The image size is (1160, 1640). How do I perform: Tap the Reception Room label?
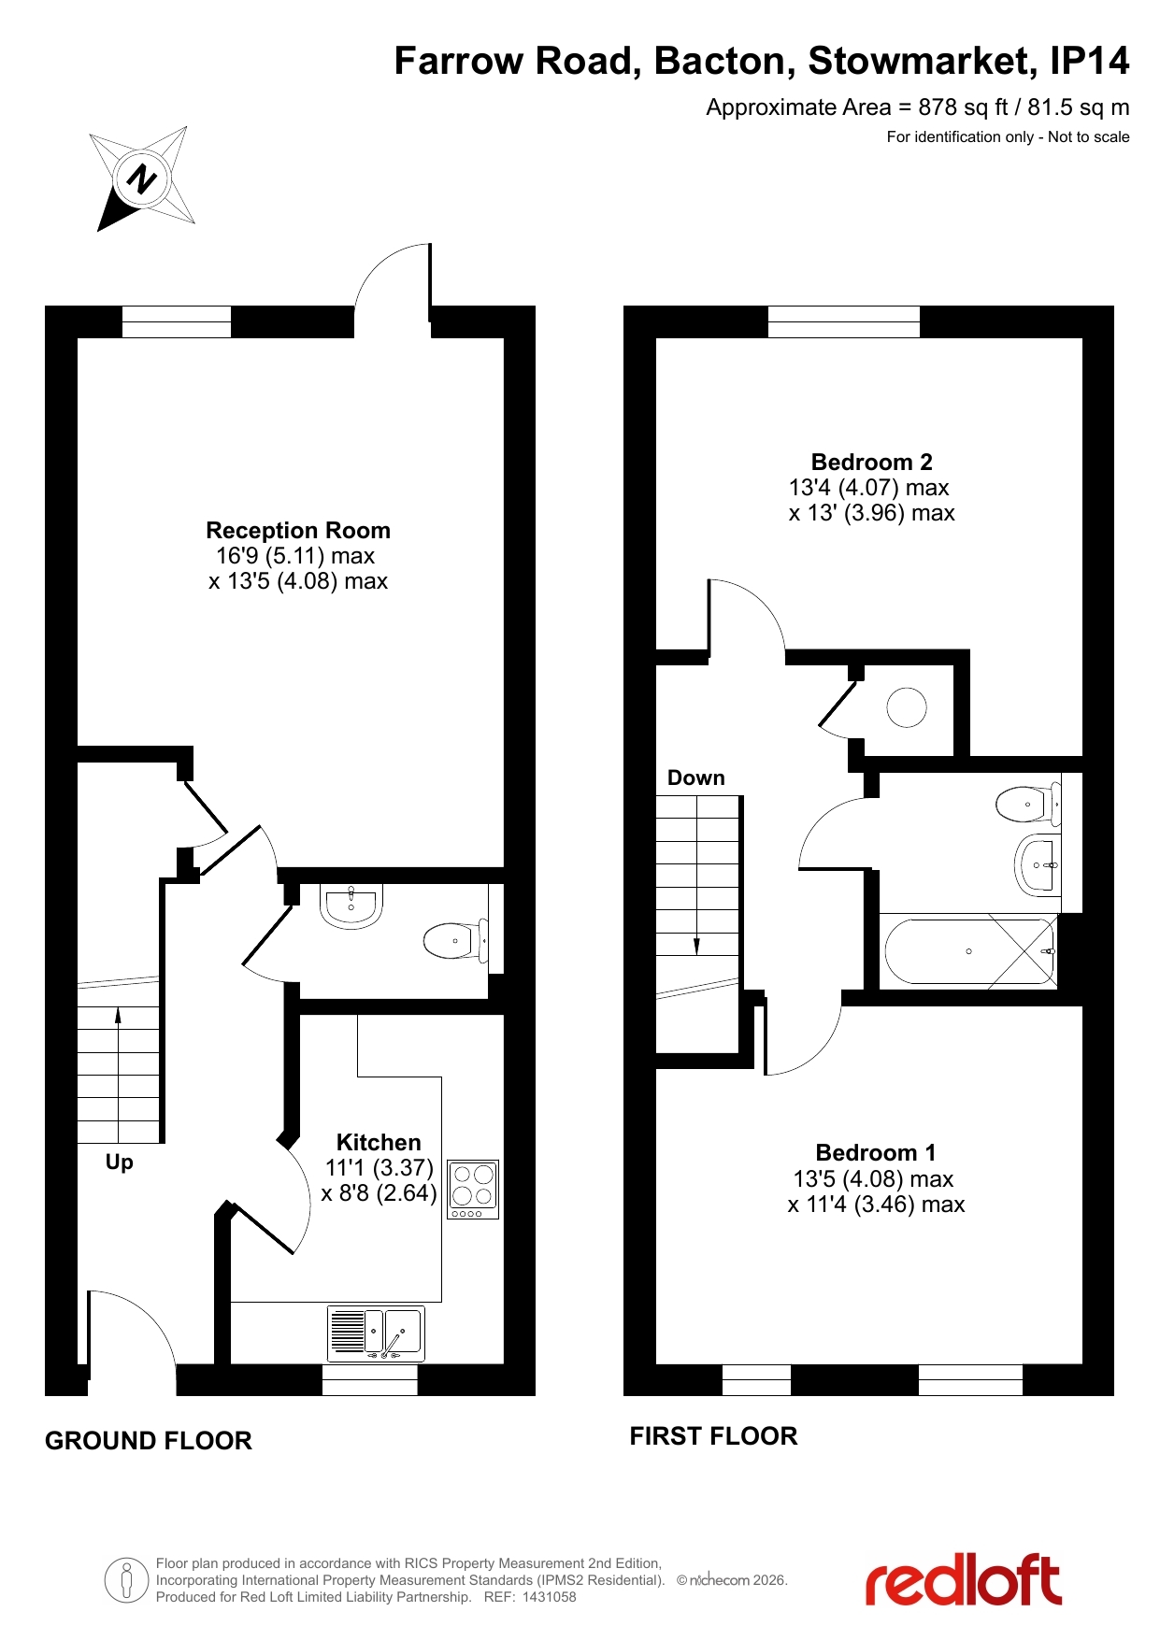tap(298, 531)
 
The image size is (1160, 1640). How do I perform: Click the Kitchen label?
tap(379, 1143)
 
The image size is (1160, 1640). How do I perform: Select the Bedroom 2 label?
tap(872, 463)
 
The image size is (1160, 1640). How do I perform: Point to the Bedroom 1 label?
tap(876, 1153)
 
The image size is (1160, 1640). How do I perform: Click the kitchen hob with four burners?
tap(473, 1190)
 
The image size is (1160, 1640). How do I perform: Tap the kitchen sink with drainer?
tap(376, 1333)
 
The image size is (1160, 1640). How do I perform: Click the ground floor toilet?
tap(456, 941)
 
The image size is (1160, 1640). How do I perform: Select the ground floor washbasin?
tap(351, 906)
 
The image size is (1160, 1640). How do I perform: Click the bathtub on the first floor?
tap(969, 951)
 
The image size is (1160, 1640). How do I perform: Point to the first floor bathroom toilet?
tap(1029, 804)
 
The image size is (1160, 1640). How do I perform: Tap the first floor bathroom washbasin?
tap(1038, 865)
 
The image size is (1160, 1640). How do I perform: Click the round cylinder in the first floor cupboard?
tap(907, 707)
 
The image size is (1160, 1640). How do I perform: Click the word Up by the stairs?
tap(120, 1162)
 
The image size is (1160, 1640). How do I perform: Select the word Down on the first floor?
tap(696, 778)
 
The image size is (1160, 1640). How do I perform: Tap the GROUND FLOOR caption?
tap(149, 1441)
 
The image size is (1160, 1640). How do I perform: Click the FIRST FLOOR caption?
tap(713, 1436)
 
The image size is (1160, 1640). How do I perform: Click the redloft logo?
tap(964, 1580)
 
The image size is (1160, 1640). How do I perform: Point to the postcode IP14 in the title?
tap(1090, 62)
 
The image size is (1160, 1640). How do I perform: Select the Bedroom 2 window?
tap(844, 321)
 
